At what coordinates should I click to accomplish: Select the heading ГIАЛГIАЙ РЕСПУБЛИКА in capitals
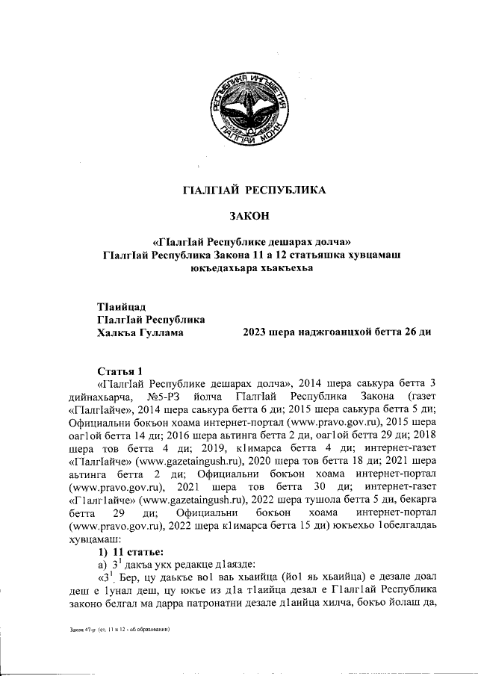pos(254,190)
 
